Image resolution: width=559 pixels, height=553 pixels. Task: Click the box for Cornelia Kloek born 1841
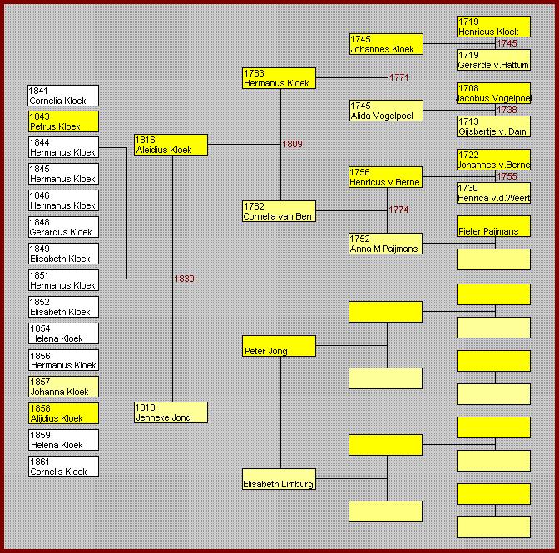[x=63, y=96]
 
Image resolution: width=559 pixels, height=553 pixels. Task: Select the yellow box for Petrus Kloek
[x=63, y=121]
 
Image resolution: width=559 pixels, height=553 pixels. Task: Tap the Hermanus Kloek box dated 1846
[x=63, y=200]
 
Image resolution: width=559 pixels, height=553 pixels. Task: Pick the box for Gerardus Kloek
[x=63, y=227]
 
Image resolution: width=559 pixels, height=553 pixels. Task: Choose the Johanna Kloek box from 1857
[x=63, y=387]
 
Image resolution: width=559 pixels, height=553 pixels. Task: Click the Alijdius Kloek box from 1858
[x=63, y=413]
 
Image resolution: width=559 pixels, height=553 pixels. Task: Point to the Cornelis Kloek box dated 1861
[x=63, y=467]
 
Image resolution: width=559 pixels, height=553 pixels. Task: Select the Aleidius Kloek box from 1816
[x=171, y=145]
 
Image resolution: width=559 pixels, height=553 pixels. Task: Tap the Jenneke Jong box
[x=171, y=412]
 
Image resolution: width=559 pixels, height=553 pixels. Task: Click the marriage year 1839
[x=184, y=279]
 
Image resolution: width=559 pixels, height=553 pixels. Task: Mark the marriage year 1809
[x=292, y=144]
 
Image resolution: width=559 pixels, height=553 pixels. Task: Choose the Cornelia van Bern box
[x=279, y=211]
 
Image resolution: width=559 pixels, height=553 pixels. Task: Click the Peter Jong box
[x=279, y=346]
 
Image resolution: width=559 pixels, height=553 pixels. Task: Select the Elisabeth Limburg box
[x=279, y=479]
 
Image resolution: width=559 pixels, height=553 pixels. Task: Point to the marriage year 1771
[x=399, y=77]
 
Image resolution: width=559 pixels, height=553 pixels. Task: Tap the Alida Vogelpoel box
[x=386, y=111]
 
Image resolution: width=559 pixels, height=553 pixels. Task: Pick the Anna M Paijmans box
[x=385, y=244]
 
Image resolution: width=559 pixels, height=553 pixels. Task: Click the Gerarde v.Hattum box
[x=493, y=60]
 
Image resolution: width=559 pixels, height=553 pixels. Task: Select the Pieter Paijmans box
[x=493, y=226]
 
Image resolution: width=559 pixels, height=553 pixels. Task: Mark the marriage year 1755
[x=507, y=176]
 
